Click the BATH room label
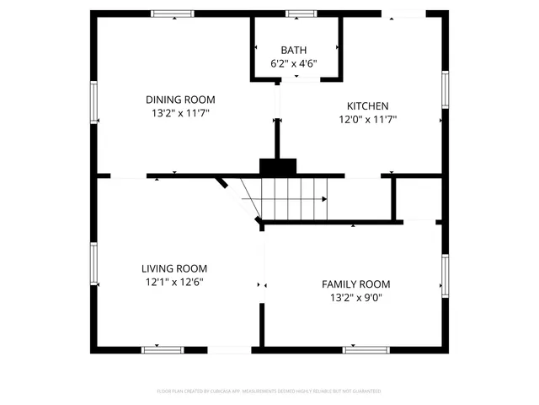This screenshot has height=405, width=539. (295, 50)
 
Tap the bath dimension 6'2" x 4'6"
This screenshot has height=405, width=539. (295, 63)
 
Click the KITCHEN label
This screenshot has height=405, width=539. (368, 105)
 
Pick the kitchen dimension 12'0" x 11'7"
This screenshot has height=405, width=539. (368, 119)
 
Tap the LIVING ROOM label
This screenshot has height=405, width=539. (174, 268)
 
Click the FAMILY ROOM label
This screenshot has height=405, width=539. (356, 284)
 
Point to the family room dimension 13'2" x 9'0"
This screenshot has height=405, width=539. (356, 298)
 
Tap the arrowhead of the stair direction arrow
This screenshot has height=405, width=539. (324, 199)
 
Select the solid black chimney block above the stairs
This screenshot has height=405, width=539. (277, 167)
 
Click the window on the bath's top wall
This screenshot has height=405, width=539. (301, 13)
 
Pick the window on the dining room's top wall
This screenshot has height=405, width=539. (173, 13)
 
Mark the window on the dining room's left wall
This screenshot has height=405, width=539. (94, 101)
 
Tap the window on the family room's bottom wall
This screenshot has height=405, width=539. (365, 348)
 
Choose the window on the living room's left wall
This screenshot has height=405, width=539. (94, 265)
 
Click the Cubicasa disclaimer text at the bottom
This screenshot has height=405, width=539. (269, 391)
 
